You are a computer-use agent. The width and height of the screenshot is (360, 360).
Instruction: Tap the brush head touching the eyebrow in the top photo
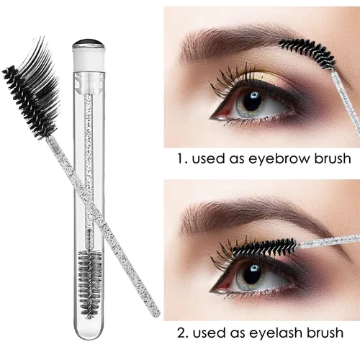(307, 53)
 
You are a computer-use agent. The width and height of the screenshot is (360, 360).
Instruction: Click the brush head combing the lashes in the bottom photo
(265, 247)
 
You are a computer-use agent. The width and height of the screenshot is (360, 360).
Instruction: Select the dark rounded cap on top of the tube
(88, 44)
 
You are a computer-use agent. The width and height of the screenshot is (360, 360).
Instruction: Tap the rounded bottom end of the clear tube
(89, 330)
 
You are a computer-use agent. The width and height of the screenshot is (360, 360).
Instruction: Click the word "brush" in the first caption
(333, 158)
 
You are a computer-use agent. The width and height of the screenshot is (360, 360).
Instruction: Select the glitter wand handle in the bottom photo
(329, 240)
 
